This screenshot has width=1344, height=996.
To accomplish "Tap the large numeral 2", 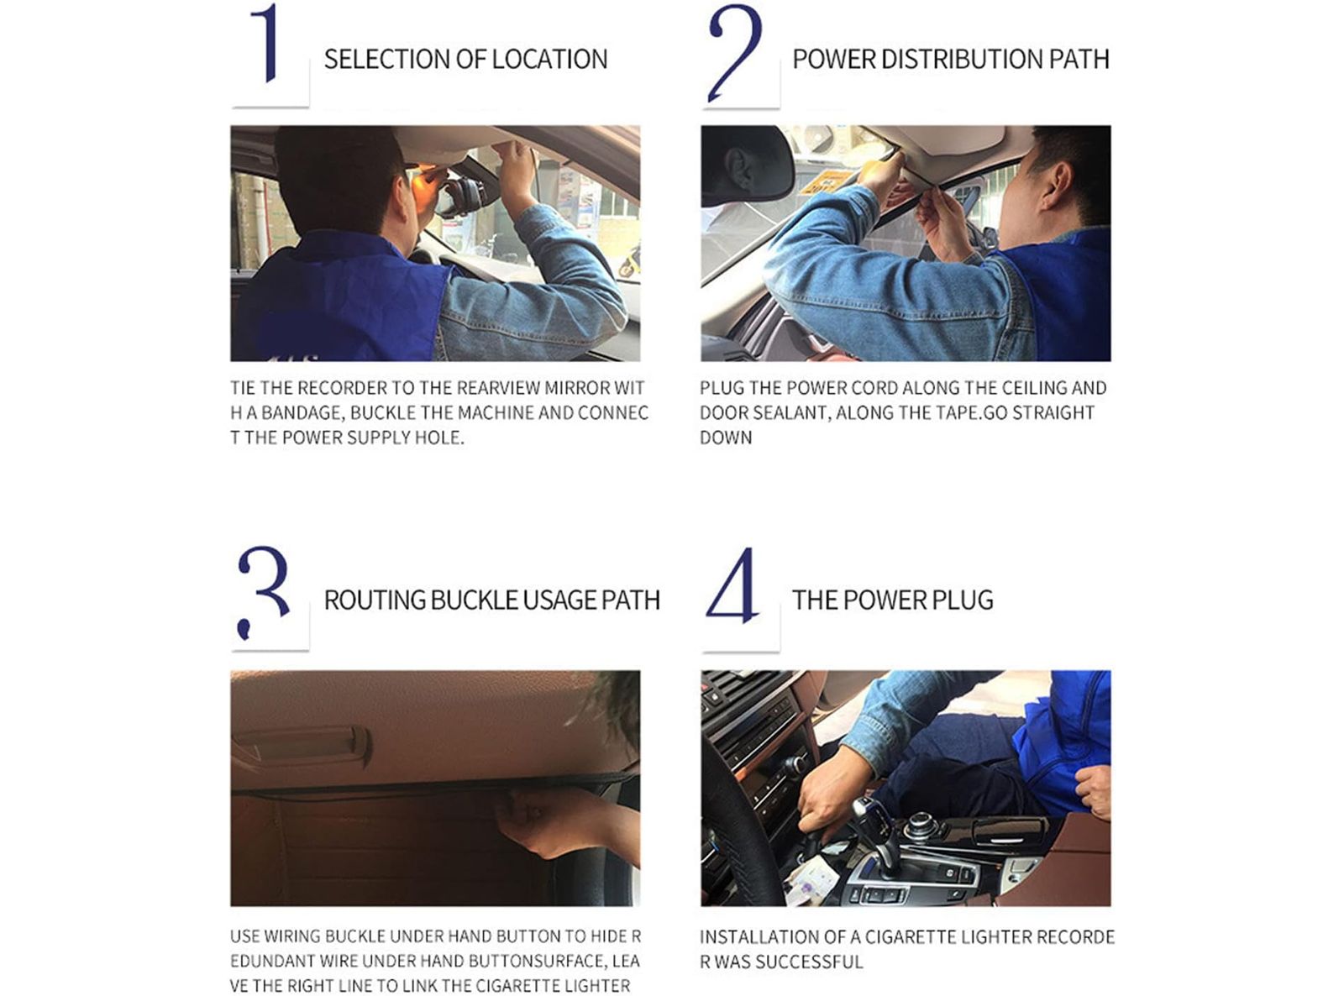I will [x=734, y=52].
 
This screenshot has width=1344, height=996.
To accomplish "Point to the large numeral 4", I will [x=732, y=585].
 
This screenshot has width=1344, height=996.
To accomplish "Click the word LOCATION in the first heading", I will [x=549, y=60].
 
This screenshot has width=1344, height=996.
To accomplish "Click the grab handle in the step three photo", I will [x=302, y=744].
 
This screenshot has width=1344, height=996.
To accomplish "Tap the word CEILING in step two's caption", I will [x=1035, y=388].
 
